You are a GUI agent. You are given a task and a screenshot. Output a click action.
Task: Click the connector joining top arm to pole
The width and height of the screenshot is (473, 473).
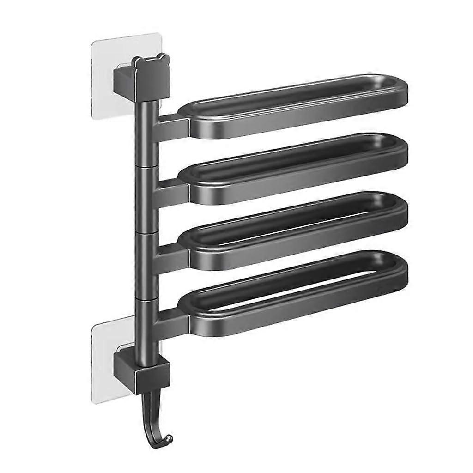[x=172, y=127]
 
